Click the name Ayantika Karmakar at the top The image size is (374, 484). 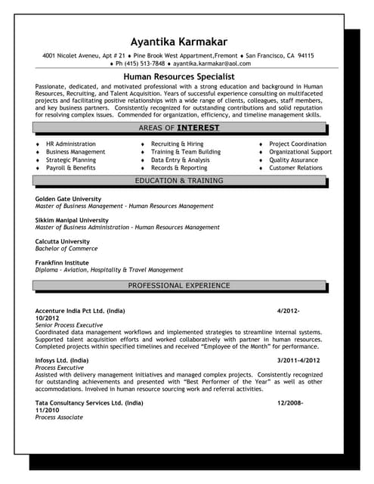tap(179, 41)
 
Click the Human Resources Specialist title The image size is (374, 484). tap(178, 76)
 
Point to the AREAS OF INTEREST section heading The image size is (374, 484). tap(179, 128)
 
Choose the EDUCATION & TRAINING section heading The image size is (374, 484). tap(179, 181)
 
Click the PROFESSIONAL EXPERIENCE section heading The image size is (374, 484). tap(179, 285)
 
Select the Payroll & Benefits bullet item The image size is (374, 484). tap(70, 168)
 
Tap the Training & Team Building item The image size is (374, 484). tap(186, 152)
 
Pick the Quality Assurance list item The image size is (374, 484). tap(293, 160)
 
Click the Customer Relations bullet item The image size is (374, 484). tap(296, 168)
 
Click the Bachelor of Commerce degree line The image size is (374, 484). tap(66, 248)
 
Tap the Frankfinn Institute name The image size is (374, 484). tap(62, 262)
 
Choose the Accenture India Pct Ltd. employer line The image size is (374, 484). tap(80, 311)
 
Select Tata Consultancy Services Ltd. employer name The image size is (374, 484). tap(88, 403)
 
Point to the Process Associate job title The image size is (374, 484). tap(61, 417)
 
